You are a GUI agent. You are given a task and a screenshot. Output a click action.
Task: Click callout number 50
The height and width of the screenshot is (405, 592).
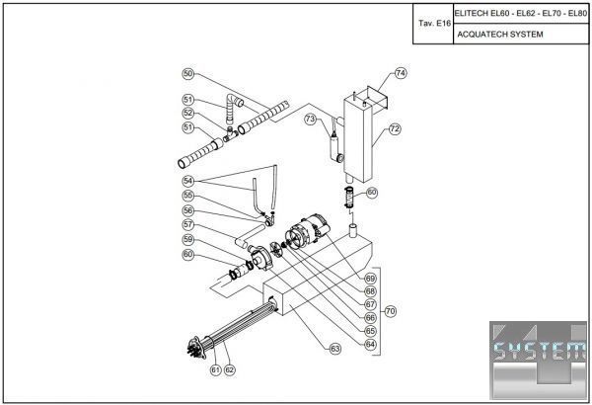(188, 74)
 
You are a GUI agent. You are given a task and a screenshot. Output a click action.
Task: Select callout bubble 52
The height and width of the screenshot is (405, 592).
(188, 113)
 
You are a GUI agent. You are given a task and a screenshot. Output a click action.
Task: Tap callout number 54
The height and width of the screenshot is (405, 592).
(188, 181)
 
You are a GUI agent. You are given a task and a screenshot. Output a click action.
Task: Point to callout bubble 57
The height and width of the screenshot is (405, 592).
(188, 224)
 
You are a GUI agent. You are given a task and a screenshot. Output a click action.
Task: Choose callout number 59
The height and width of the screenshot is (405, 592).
(188, 239)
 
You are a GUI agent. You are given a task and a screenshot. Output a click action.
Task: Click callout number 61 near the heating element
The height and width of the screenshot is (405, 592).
(214, 370)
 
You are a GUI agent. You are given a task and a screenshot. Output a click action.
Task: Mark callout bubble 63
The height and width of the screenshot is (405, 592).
(335, 349)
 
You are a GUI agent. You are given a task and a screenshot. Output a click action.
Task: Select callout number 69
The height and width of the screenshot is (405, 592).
(370, 279)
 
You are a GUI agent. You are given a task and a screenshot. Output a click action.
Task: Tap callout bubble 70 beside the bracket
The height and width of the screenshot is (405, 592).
(391, 311)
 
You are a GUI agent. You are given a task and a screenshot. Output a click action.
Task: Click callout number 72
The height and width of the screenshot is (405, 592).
(394, 129)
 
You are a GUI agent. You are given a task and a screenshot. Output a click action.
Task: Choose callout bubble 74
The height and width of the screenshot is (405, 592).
(401, 73)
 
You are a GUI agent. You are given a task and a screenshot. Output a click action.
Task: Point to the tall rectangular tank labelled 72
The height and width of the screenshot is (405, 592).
(360, 148)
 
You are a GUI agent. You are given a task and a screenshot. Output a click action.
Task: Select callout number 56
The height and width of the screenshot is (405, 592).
(188, 210)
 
